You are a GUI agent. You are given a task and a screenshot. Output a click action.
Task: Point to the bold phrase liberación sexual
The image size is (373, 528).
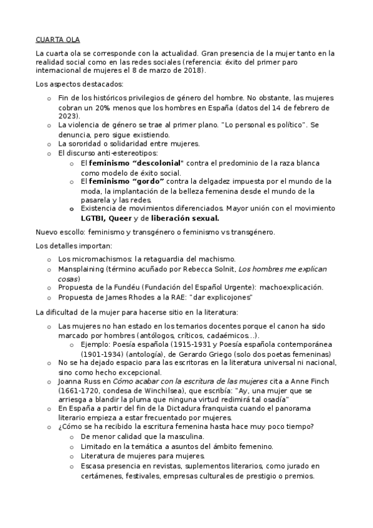(x=185, y=219)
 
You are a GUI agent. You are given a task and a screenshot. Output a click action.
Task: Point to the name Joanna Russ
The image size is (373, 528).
(x=78, y=380)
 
